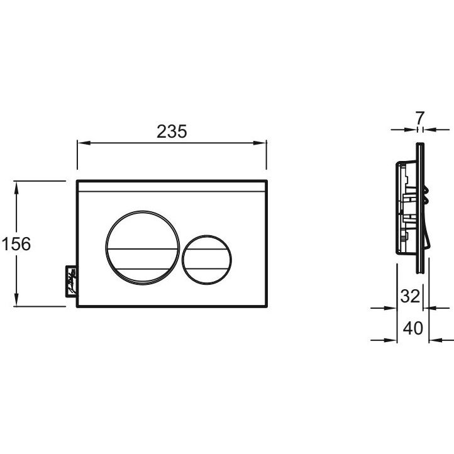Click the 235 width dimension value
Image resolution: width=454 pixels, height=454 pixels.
tap(172, 132)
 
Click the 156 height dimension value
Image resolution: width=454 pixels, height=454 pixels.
tap(16, 244)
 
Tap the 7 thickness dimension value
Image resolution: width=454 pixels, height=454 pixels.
tap(420, 118)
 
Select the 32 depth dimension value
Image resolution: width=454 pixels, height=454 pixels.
tap(410, 296)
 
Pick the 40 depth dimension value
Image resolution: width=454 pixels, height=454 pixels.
tap(413, 328)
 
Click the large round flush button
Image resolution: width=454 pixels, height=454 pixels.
tap(143, 248)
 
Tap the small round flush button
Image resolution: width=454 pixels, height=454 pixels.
tap(207, 260)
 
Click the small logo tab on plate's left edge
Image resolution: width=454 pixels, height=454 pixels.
tap(71, 281)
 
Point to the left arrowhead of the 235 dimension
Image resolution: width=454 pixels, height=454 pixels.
tap(84, 143)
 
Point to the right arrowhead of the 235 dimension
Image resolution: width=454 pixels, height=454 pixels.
tap(260, 143)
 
